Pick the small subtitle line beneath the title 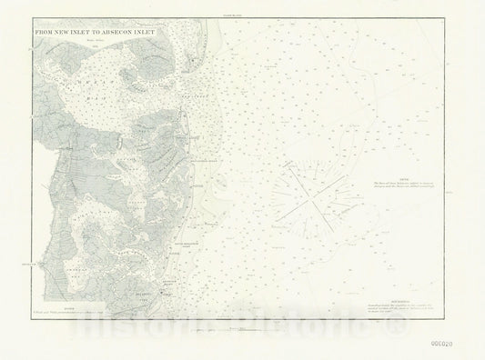click(x=91, y=40)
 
